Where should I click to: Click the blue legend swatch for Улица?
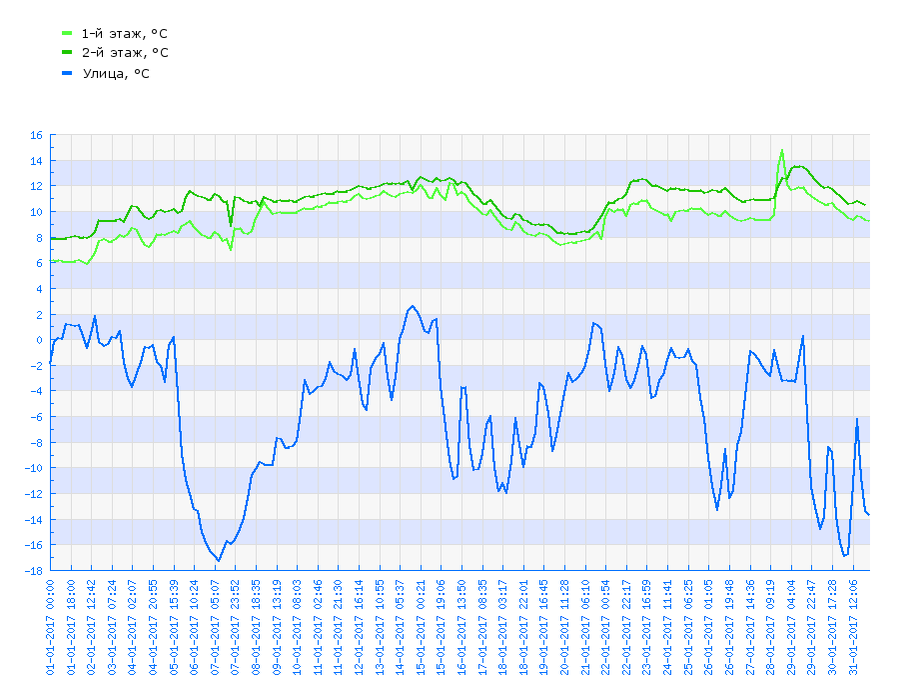tap(67, 73)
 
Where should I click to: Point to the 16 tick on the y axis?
tap(36, 135)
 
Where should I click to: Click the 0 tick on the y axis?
tap(39, 340)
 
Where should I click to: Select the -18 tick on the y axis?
tap(33, 571)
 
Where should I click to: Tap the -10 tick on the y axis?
tap(33, 468)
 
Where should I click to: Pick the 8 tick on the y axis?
tap(39, 238)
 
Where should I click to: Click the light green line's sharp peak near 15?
tap(781, 150)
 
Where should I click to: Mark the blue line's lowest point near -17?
tap(217, 561)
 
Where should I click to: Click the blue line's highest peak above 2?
tap(412, 306)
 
